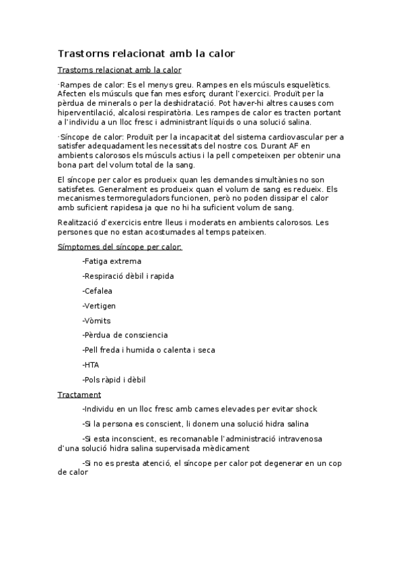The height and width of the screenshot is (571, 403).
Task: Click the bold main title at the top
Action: point(146,53)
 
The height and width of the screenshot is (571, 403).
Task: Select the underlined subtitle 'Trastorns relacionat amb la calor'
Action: point(119,70)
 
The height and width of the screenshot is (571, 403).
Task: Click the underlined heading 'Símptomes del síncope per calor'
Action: point(120,246)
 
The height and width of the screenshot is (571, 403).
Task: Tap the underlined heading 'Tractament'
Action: point(79,395)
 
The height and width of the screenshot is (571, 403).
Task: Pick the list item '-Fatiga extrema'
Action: point(112,261)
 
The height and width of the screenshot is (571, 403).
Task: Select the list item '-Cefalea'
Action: point(98,291)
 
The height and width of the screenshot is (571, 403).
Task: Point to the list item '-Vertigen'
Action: point(99,306)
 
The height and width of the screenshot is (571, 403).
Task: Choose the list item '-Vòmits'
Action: point(96,321)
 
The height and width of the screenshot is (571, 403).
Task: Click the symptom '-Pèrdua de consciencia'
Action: point(125,335)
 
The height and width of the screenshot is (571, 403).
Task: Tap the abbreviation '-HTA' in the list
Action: point(91,365)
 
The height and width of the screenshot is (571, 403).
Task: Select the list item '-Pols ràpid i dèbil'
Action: point(114,380)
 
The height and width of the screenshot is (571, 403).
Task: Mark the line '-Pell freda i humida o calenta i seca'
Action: point(149,350)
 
